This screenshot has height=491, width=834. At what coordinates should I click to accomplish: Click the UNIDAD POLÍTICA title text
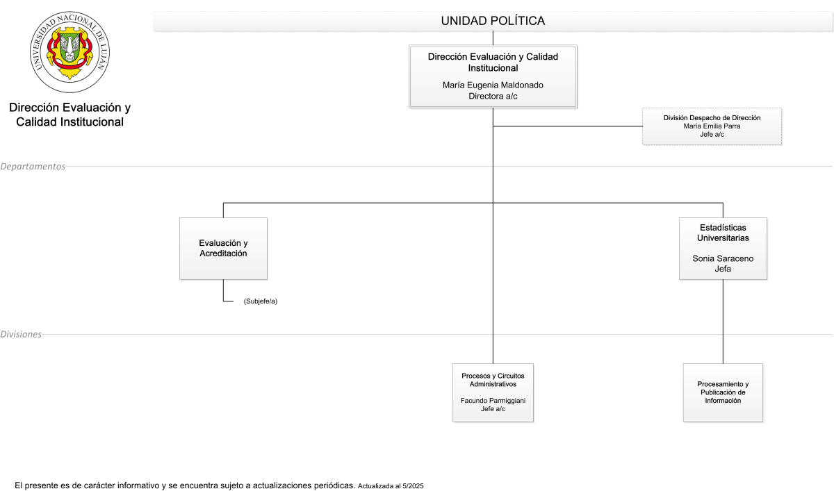(x=493, y=21)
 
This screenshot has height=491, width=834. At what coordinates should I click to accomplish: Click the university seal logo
(x=69, y=51)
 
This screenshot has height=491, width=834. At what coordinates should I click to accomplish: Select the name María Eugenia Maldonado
(x=493, y=85)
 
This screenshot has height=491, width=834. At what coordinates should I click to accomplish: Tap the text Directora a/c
(x=493, y=97)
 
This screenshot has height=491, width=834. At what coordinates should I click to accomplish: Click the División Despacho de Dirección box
(x=712, y=126)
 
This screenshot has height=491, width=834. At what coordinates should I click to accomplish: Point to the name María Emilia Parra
(x=712, y=126)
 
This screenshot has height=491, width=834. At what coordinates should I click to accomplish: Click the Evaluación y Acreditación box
(x=223, y=249)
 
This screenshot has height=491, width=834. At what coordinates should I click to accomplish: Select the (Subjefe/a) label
(x=260, y=301)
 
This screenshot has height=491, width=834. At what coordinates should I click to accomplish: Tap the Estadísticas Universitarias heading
(x=723, y=233)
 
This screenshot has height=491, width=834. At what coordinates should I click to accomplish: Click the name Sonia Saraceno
(x=723, y=258)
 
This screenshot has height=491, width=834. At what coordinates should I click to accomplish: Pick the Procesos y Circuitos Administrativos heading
(x=493, y=380)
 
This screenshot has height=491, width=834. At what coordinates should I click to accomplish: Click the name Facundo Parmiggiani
(x=493, y=401)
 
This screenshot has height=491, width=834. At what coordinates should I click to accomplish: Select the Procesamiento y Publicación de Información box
(x=723, y=392)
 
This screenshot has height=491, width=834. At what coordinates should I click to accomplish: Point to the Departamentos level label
(x=33, y=166)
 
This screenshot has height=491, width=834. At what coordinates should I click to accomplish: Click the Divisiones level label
(x=21, y=334)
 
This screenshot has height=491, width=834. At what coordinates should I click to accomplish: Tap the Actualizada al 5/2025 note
(x=391, y=486)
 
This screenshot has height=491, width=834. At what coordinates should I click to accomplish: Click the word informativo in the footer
(x=138, y=485)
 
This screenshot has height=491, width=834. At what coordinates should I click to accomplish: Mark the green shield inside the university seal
(x=69, y=47)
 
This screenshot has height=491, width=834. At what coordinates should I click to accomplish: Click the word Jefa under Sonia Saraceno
(x=723, y=269)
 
